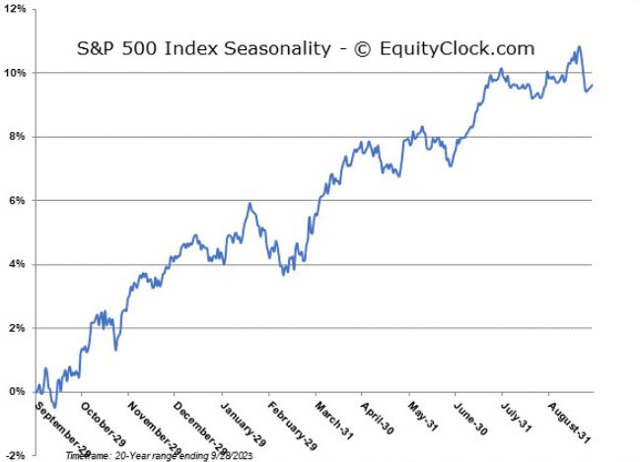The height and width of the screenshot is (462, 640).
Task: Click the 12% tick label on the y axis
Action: [16, 10]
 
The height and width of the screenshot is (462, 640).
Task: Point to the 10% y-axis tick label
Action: [16, 73]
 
